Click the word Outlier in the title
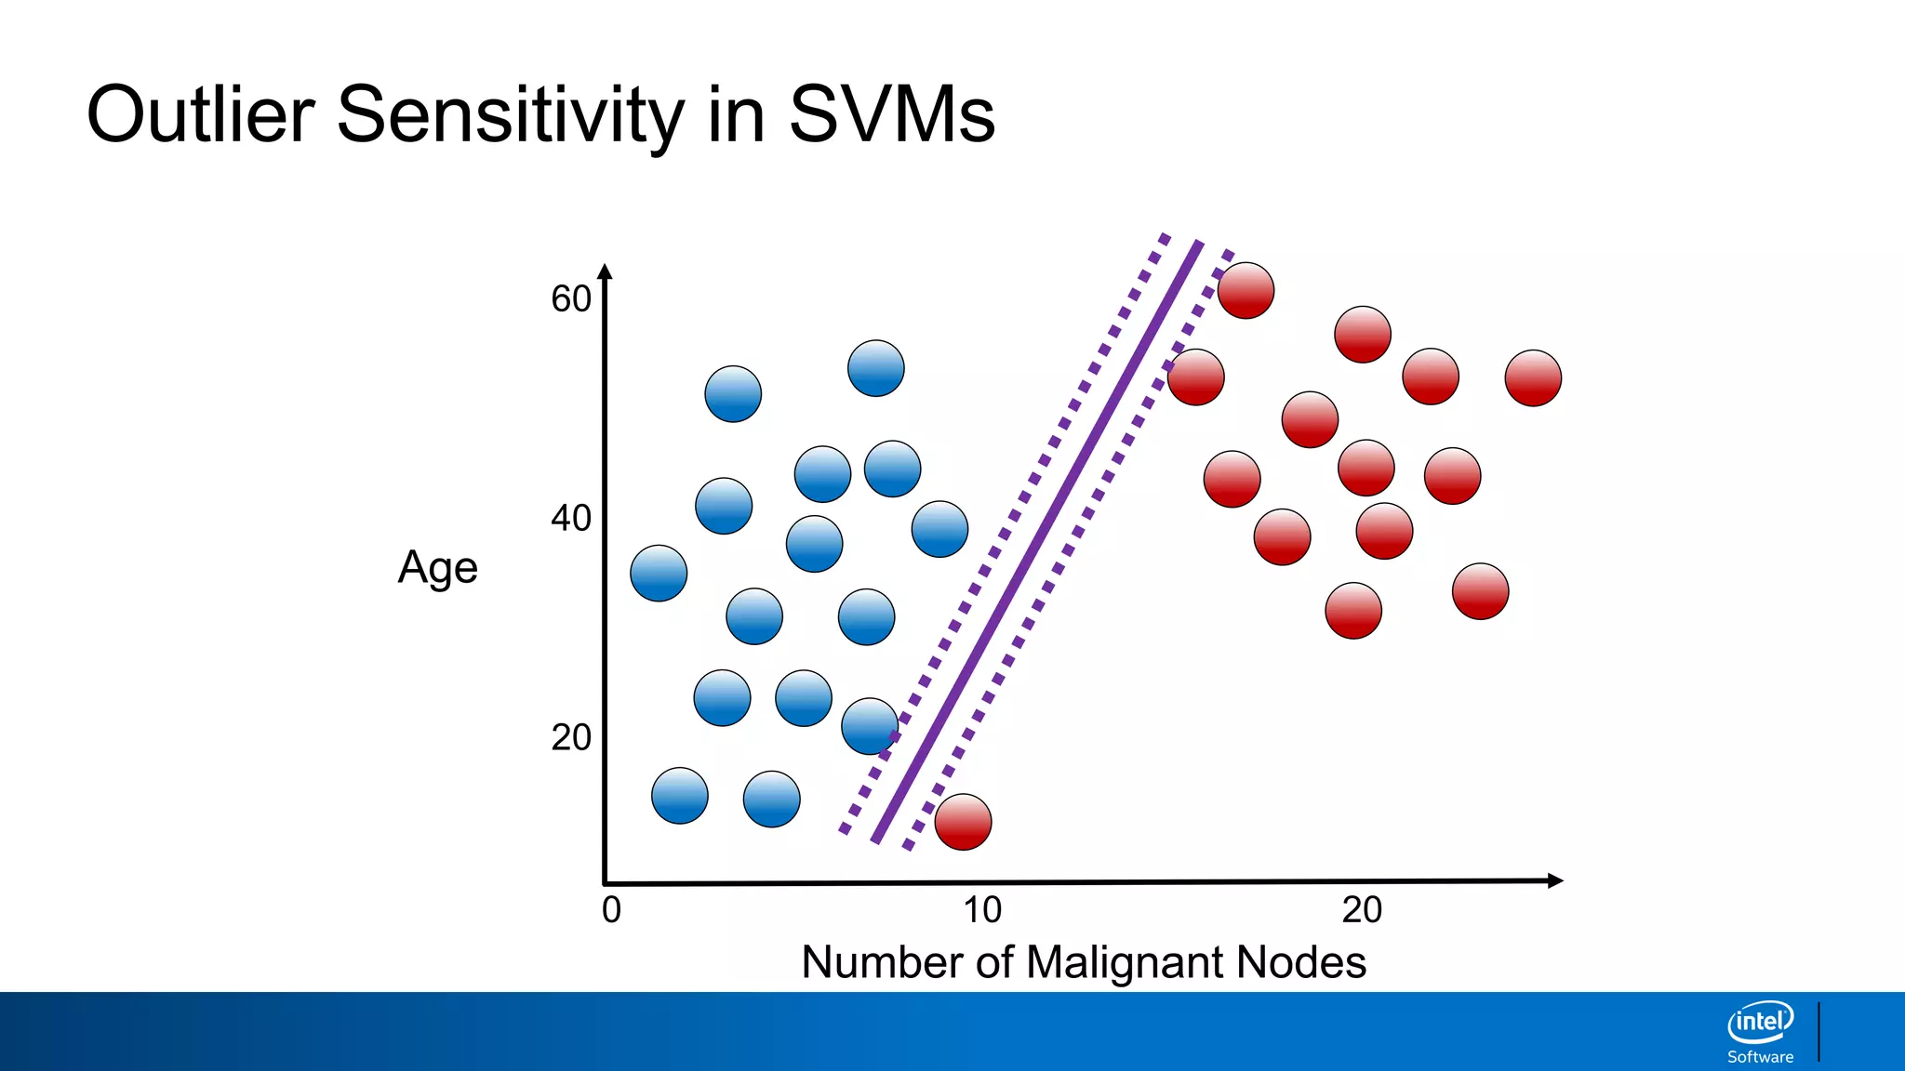pyautogui.click(x=200, y=114)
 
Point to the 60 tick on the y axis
pyautogui.click(x=570, y=299)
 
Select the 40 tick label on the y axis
pyautogui.click(x=570, y=518)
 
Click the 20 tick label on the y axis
pyautogui.click(x=570, y=737)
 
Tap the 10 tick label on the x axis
pyautogui.click(x=981, y=910)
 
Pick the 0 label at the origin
pyautogui.click(x=611, y=910)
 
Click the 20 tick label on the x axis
pyautogui.click(x=1361, y=910)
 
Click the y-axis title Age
pyautogui.click(x=437, y=567)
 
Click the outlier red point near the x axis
pyautogui.click(x=963, y=822)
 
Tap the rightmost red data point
pyautogui.click(x=1533, y=378)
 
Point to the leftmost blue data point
pyautogui.click(x=659, y=573)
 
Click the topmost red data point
pyautogui.click(x=1246, y=290)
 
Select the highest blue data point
pyautogui.click(x=875, y=368)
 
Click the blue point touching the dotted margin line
pyautogui.click(x=870, y=726)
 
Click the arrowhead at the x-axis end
pyautogui.click(x=1554, y=880)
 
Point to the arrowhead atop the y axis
pyautogui.click(x=605, y=271)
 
